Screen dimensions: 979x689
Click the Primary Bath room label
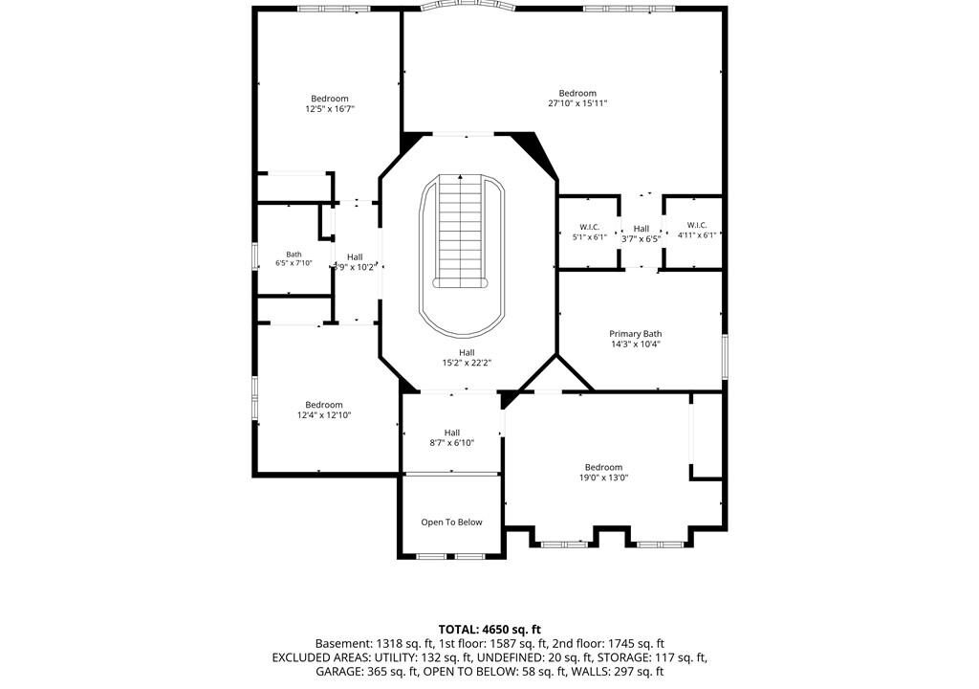pyautogui.click(x=636, y=334)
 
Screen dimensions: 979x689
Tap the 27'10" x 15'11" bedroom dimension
pyautogui.click(x=577, y=103)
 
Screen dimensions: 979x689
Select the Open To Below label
pyautogui.click(x=451, y=522)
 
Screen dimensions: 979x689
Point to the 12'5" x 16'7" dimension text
pyautogui.click(x=330, y=109)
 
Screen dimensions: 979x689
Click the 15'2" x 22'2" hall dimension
pyautogui.click(x=467, y=363)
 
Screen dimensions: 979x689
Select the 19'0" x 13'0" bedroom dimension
pyautogui.click(x=604, y=478)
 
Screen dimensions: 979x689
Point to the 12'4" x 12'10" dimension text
pyautogui.click(x=324, y=415)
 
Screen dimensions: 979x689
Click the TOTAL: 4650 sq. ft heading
pyautogui.click(x=489, y=629)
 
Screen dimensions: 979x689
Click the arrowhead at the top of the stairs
pyautogui.click(x=460, y=177)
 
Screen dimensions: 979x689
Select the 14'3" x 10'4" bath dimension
pyautogui.click(x=636, y=344)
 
